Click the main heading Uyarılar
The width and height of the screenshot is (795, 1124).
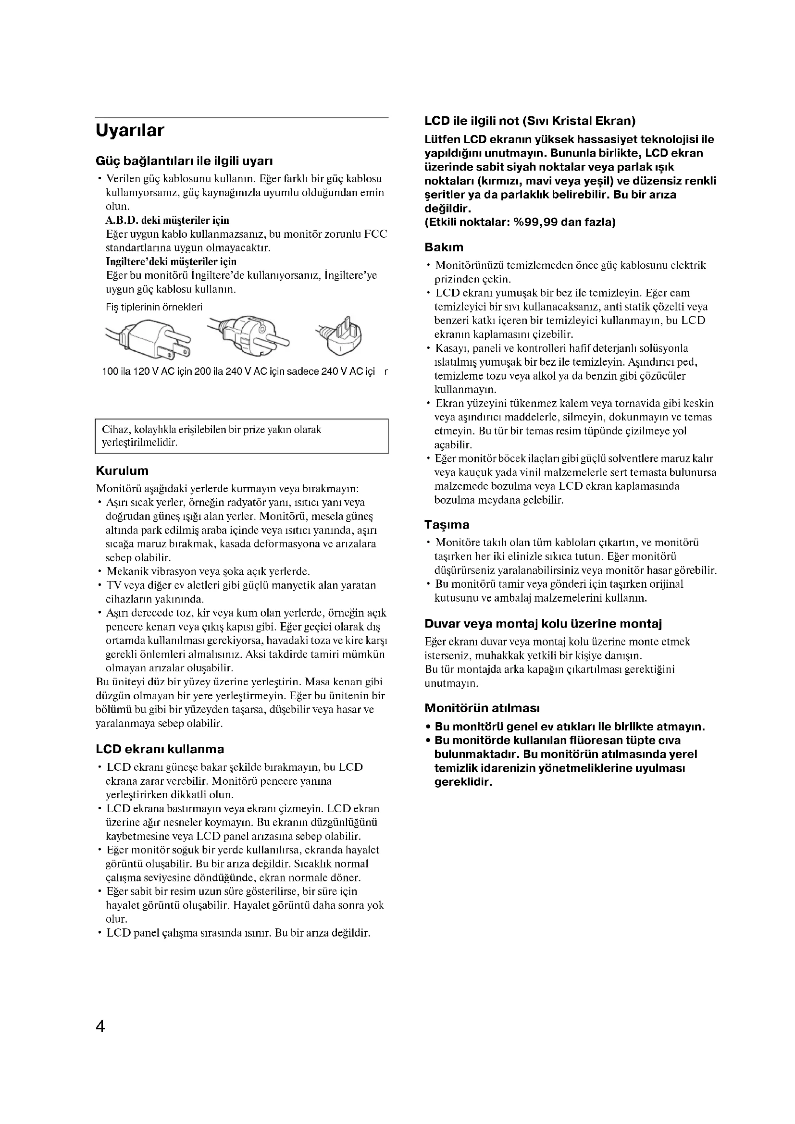[x=130, y=131]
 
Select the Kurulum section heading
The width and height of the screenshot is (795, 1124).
[x=122, y=471]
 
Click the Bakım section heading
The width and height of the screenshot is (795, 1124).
[x=444, y=247]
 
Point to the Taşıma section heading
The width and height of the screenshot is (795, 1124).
[x=447, y=525]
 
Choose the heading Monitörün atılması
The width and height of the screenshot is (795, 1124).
[x=482, y=708]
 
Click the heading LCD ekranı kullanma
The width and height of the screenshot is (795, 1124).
[x=160, y=749]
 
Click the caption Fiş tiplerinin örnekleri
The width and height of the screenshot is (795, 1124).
[x=154, y=307]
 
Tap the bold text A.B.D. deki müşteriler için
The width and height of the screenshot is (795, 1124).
[x=167, y=220]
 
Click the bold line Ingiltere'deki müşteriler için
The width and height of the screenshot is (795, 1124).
[x=171, y=261]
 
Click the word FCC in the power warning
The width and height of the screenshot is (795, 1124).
[x=375, y=234]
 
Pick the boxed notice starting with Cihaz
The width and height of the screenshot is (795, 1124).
[x=241, y=436]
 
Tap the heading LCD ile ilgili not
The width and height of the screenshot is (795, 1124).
[x=530, y=121]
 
